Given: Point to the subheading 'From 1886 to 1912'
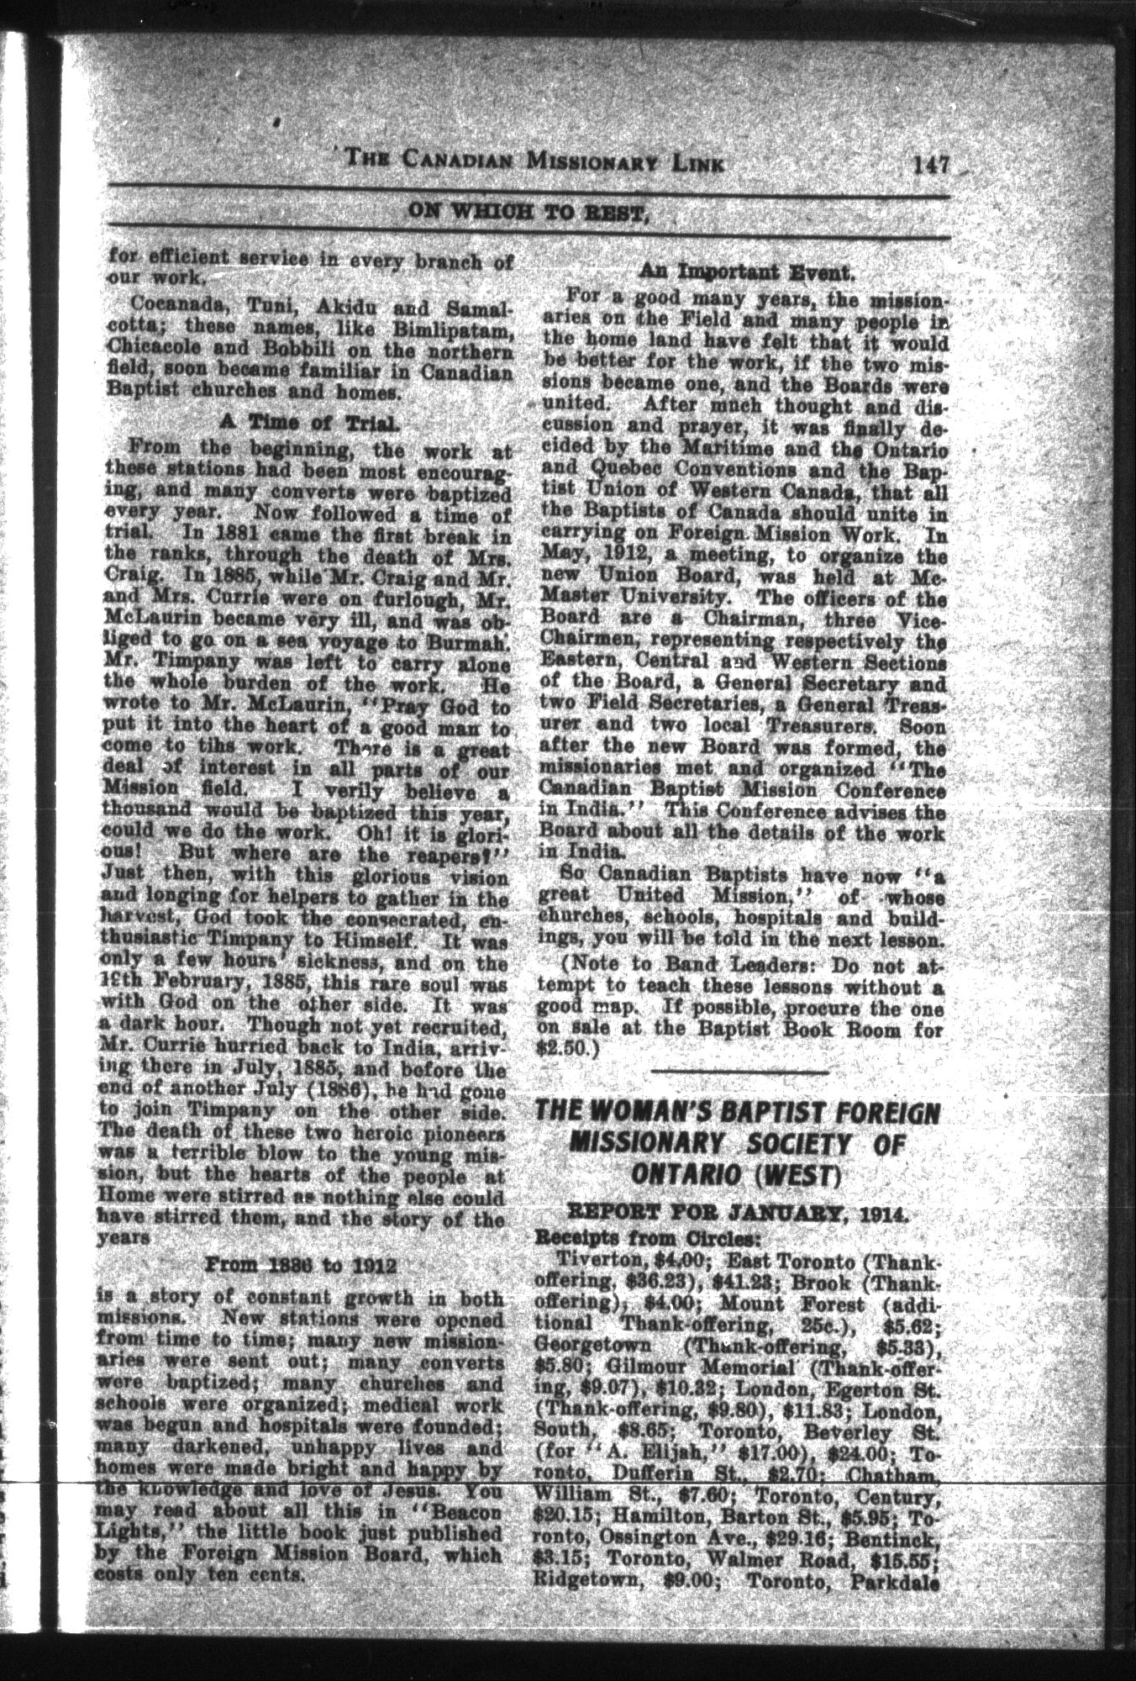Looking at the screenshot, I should click(x=301, y=1266).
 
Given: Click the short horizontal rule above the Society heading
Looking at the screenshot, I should click(x=739, y=1072).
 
